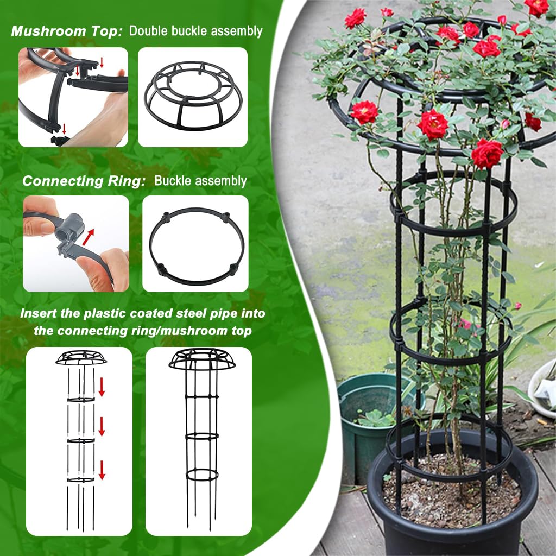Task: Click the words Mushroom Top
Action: tap(67, 31)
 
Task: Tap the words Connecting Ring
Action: tap(84, 181)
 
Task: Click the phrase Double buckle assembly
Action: tap(195, 31)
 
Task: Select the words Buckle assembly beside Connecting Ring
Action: tap(200, 181)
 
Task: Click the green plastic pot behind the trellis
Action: tap(369, 413)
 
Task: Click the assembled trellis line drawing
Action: tap(201, 434)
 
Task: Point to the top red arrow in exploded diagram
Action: tap(102, 387)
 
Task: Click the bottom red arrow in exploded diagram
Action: tap(102, 469)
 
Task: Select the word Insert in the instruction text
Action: tap(36, 313)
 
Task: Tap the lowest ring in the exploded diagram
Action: tap(81, 479)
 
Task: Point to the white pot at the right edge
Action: tap(543, 388)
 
